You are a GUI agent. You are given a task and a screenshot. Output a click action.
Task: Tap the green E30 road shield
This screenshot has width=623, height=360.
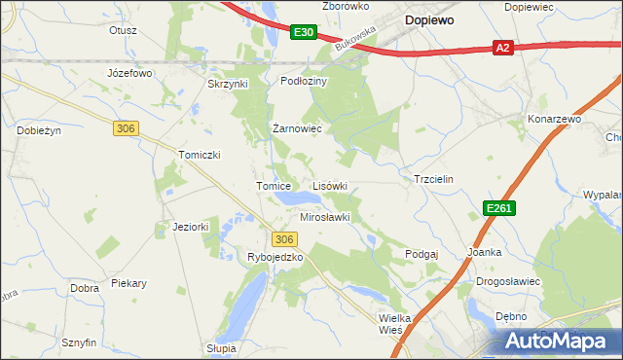[303, 33]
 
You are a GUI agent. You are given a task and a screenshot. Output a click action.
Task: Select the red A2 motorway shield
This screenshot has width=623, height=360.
[502, 47]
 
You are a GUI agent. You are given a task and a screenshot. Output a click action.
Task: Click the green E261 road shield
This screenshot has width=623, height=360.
[499, 208]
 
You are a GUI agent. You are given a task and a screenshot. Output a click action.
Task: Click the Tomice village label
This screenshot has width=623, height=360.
[275, 186]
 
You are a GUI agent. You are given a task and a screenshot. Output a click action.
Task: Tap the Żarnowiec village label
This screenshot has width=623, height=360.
[297, 128]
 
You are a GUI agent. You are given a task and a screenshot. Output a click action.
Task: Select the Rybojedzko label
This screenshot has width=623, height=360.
[276, 257]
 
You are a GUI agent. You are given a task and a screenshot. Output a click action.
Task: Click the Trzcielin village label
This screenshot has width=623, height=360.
[434, 180]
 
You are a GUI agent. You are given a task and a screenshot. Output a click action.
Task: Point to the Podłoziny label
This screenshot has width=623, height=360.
[305, 82]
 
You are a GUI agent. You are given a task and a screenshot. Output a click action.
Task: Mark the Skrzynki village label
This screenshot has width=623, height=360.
[229, 84]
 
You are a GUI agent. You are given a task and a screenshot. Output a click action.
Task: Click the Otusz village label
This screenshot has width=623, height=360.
[123, 30]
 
